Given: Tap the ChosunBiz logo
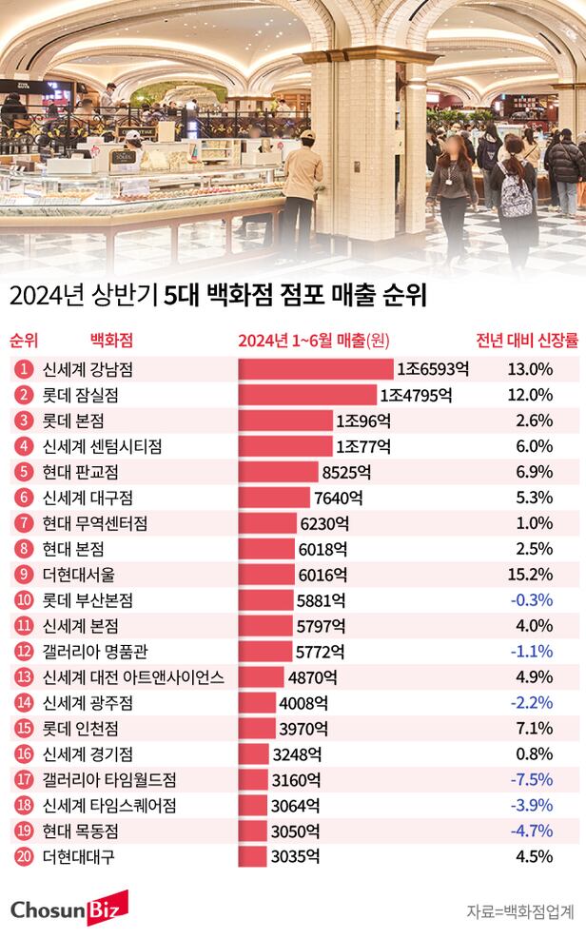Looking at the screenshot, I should click(64, 909).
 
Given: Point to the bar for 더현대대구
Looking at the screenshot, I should click(252, 856).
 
